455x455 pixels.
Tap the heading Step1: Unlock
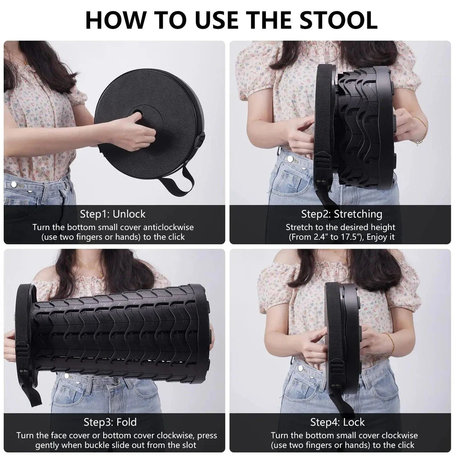point(113,214)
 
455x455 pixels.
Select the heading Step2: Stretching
point(341,214)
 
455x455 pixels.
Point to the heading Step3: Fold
point(110,422)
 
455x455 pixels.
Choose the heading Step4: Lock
point(337,422)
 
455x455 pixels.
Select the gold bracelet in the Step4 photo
point(390,345)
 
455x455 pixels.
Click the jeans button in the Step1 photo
point(15,184)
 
